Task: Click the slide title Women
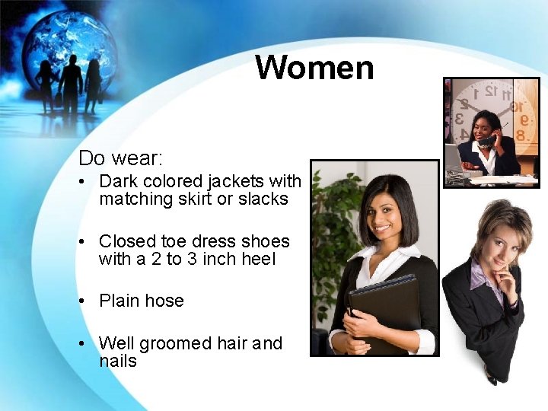[314, 67]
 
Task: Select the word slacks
[266, 199]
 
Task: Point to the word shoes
[266, 241]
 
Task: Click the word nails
[118, 361]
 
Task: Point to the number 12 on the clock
[492, 90]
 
